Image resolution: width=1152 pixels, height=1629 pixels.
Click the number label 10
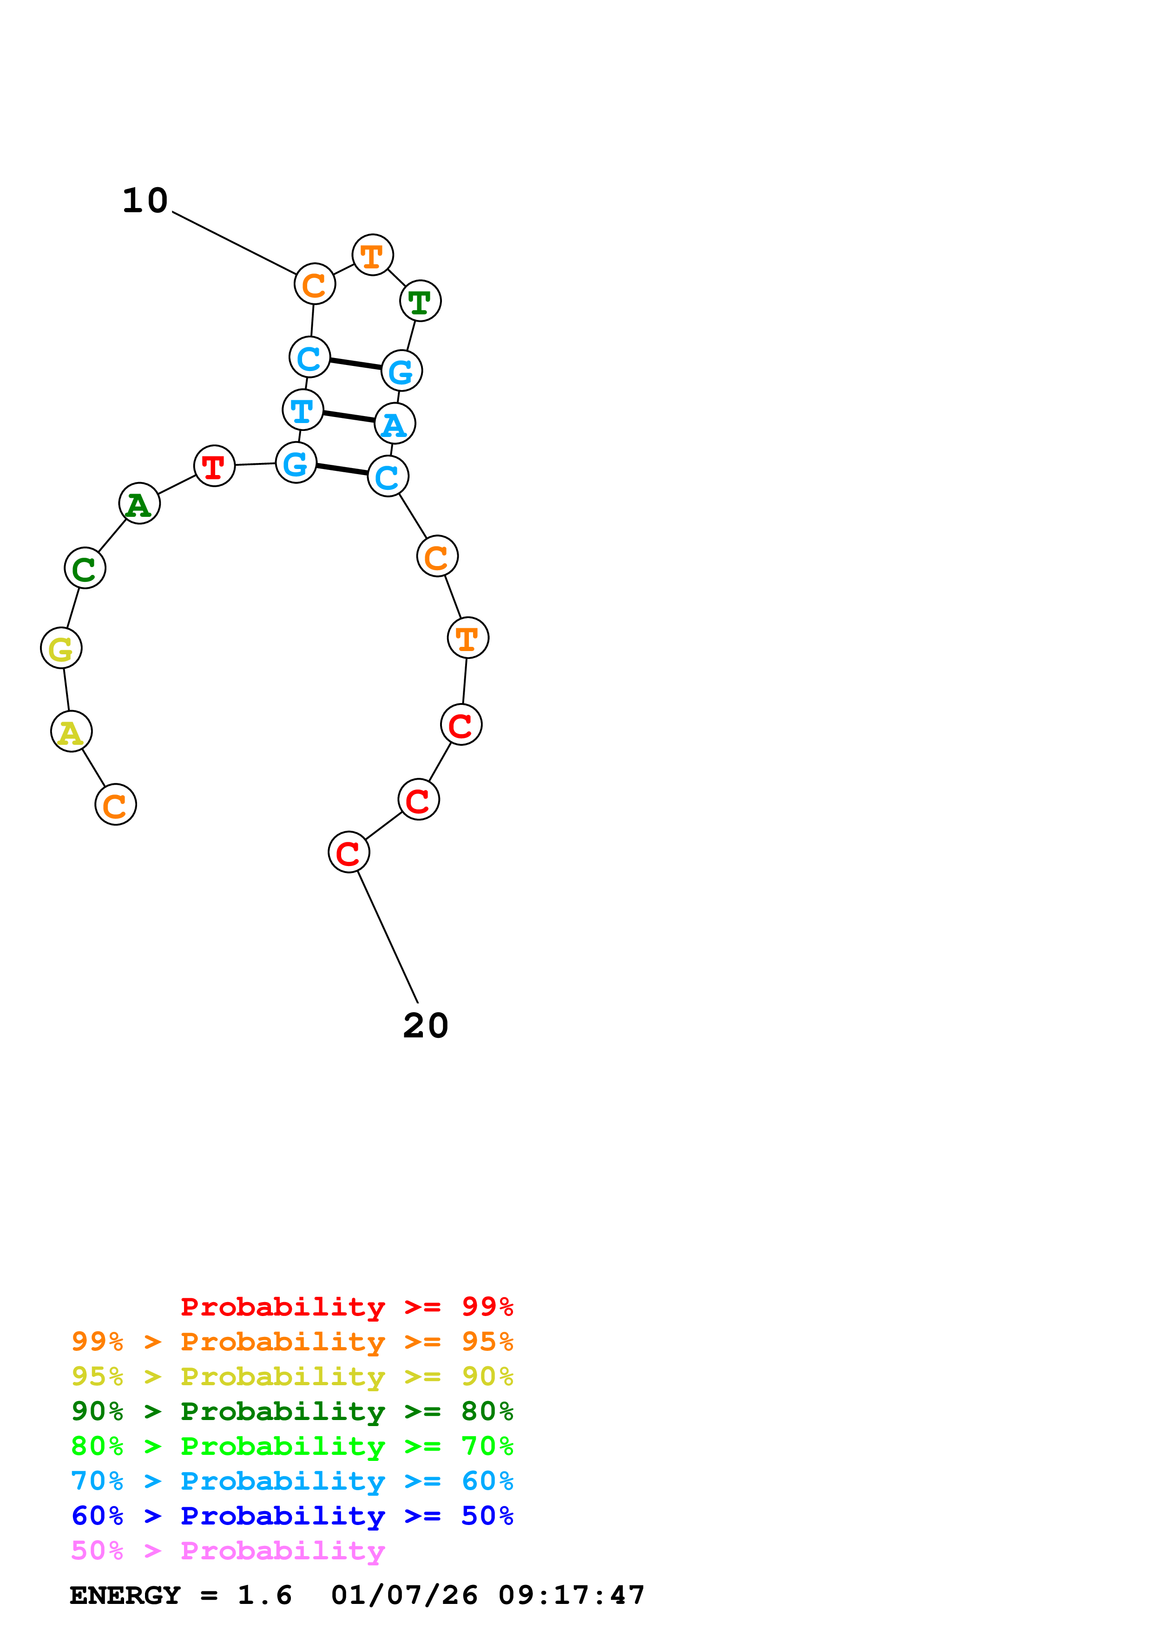click(145, 201)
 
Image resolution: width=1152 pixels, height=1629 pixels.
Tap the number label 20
click(425, 1025)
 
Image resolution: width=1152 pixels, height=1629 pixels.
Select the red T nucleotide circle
click(214, 466)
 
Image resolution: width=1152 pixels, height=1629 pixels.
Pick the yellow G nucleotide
click(61, 648)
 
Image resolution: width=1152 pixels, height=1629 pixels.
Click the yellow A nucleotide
click(71, 731)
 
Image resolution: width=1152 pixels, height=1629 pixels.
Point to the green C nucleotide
click(85, 567)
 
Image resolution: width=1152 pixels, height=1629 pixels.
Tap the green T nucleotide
click(420, 301)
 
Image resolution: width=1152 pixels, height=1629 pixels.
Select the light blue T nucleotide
click(303, 410)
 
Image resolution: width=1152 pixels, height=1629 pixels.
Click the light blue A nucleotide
click(395, 424)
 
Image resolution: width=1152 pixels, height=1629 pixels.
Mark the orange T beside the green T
click(373, 255)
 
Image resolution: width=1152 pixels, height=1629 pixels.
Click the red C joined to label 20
click(349, 852)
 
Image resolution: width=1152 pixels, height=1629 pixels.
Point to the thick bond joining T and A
click(349, 417)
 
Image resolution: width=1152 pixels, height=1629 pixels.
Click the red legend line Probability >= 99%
click(346, 1306)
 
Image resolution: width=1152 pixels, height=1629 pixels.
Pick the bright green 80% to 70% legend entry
click(292, 1446)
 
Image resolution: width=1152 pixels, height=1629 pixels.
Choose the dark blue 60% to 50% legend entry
click(292, 1516)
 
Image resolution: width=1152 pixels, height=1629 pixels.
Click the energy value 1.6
click(264, 1595)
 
